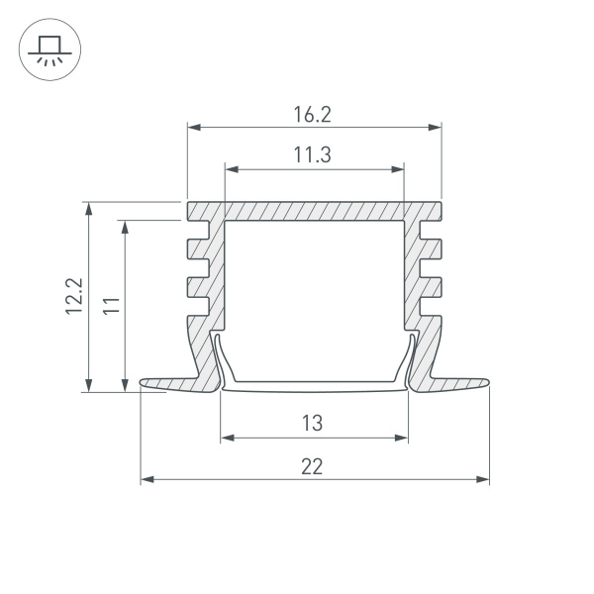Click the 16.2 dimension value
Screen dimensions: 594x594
point(312,115)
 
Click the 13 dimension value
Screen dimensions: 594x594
point(312,424)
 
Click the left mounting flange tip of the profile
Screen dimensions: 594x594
point(145,383)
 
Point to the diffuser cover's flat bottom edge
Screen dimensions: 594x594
point(314,387)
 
